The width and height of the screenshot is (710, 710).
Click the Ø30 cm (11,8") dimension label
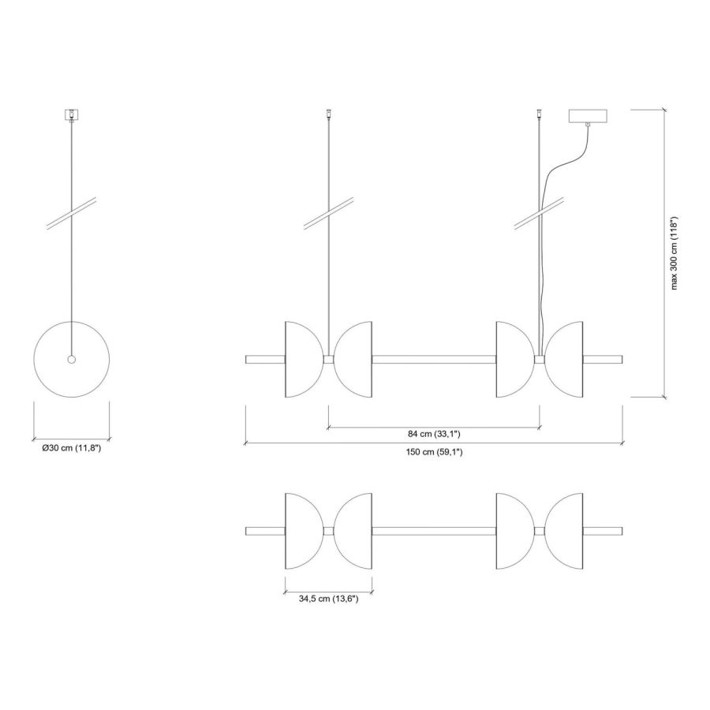tap(71, 448)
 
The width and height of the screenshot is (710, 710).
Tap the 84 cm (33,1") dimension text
tap(434, 434)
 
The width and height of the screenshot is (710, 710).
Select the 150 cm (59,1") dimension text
tap(434, 452)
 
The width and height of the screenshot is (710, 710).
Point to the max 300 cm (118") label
tap(674, 253)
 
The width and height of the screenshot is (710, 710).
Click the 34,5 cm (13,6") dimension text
tap(328, 599)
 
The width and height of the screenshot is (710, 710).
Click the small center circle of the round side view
tap(72, 360)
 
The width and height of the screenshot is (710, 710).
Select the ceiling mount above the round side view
tap(72, 115)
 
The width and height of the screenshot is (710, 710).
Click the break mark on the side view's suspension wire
tap(72, 215)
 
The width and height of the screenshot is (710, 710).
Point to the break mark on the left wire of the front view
tap(328, 215)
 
